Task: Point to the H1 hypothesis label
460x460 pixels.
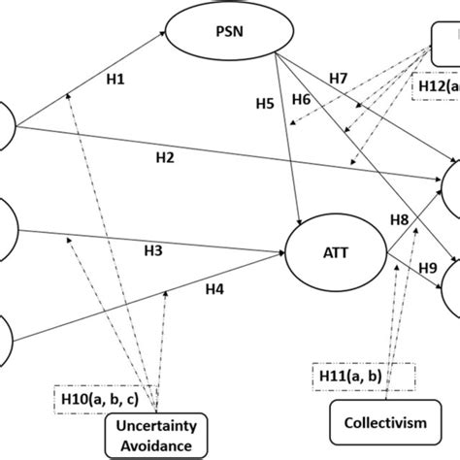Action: pyautogui.click(x=115, y=82)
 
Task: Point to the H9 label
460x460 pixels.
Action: pyautogui.click(x=429, y=267)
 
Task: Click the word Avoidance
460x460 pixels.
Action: pyautogui.click(x=155, y=446)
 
